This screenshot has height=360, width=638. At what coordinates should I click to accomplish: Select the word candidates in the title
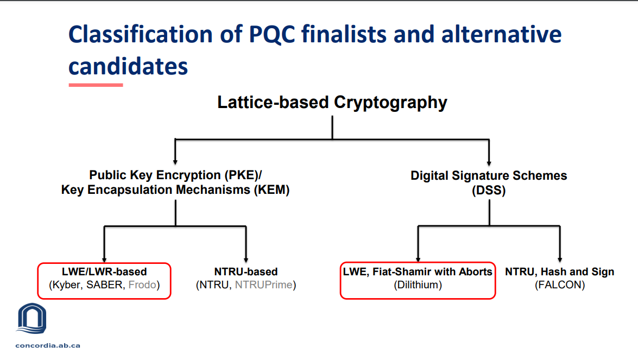tap(128, 66)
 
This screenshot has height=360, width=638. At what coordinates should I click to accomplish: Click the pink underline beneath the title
tap(96, 85)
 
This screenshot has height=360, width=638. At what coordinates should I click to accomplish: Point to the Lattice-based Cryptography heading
tap(332, 102)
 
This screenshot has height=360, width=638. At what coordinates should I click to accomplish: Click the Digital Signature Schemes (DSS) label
tap(489, 183)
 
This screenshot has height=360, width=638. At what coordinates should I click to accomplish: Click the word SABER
tap(104, 285)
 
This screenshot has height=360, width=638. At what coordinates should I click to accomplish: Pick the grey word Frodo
tap(141, 285)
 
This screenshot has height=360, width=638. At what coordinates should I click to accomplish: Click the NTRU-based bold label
tap(246, 271)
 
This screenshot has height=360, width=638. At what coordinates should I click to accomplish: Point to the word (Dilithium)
tap(418, 285)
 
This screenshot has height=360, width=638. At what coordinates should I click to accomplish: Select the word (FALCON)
tap(560, 285)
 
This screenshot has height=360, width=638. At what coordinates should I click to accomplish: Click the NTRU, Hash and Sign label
tap(560, 271)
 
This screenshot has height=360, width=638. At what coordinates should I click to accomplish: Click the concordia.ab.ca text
tap(48, 345)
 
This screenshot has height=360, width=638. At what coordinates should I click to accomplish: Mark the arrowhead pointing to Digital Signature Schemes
tap(489, 161)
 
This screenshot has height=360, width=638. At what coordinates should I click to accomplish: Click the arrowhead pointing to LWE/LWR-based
tap(104, 260)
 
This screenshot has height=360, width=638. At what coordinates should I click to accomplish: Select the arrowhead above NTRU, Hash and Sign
tap(560, 260)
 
